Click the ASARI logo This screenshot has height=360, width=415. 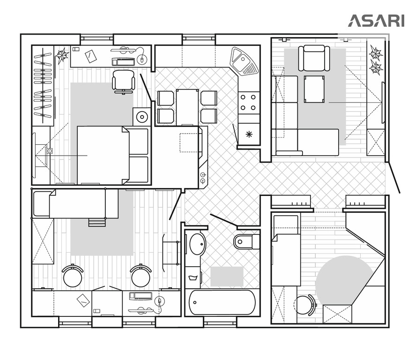[376, 21]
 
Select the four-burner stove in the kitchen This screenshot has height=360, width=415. [249, 103]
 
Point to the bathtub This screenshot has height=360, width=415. [222, 302]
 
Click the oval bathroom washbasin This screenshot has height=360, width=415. [198, 244]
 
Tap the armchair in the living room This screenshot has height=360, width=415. [314, 58]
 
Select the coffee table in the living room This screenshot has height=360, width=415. [314, 89]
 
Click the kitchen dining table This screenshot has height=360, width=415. [187, 107]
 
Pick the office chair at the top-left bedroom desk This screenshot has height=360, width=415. [124, 81]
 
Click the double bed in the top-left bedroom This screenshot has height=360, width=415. [113, 155]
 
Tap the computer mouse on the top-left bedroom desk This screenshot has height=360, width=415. [142, 60]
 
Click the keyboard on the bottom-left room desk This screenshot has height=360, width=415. [141, 296]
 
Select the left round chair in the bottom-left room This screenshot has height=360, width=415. [73, 276]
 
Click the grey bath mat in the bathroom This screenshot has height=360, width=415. [227, 276]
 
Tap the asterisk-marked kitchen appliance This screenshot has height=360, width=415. [249, 134]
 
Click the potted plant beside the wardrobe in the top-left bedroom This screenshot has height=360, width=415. [62, 55]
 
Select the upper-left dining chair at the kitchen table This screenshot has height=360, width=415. [166, 98]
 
